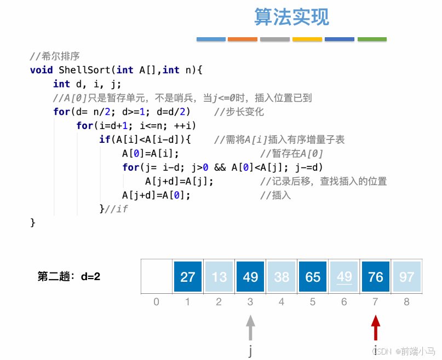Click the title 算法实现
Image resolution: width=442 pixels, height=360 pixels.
(291, 18)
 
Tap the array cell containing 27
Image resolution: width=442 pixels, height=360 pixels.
(188, 277)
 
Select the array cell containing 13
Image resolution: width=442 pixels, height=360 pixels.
(219, 277)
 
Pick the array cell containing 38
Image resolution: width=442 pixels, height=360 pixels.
(282, 277)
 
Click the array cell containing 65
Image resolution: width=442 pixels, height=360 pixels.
(313, 277)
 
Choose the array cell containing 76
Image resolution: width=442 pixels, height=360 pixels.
(376, 277)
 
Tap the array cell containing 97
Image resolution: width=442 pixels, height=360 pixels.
(407, 277)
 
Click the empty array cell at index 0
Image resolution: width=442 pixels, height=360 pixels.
(157, 277)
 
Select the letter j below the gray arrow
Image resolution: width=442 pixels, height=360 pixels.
(250, 351)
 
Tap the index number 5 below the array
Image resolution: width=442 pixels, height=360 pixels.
(313, 301)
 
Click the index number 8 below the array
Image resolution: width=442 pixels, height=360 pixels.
(407, 301)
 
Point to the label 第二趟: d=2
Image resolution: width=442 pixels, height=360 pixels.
(69, 276)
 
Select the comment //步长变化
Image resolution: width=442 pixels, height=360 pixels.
(239, 112)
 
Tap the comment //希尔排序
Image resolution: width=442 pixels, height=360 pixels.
(55, 56)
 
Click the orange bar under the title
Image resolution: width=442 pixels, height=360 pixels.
(243, 39)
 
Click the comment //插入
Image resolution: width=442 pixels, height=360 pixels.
(275, 195)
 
